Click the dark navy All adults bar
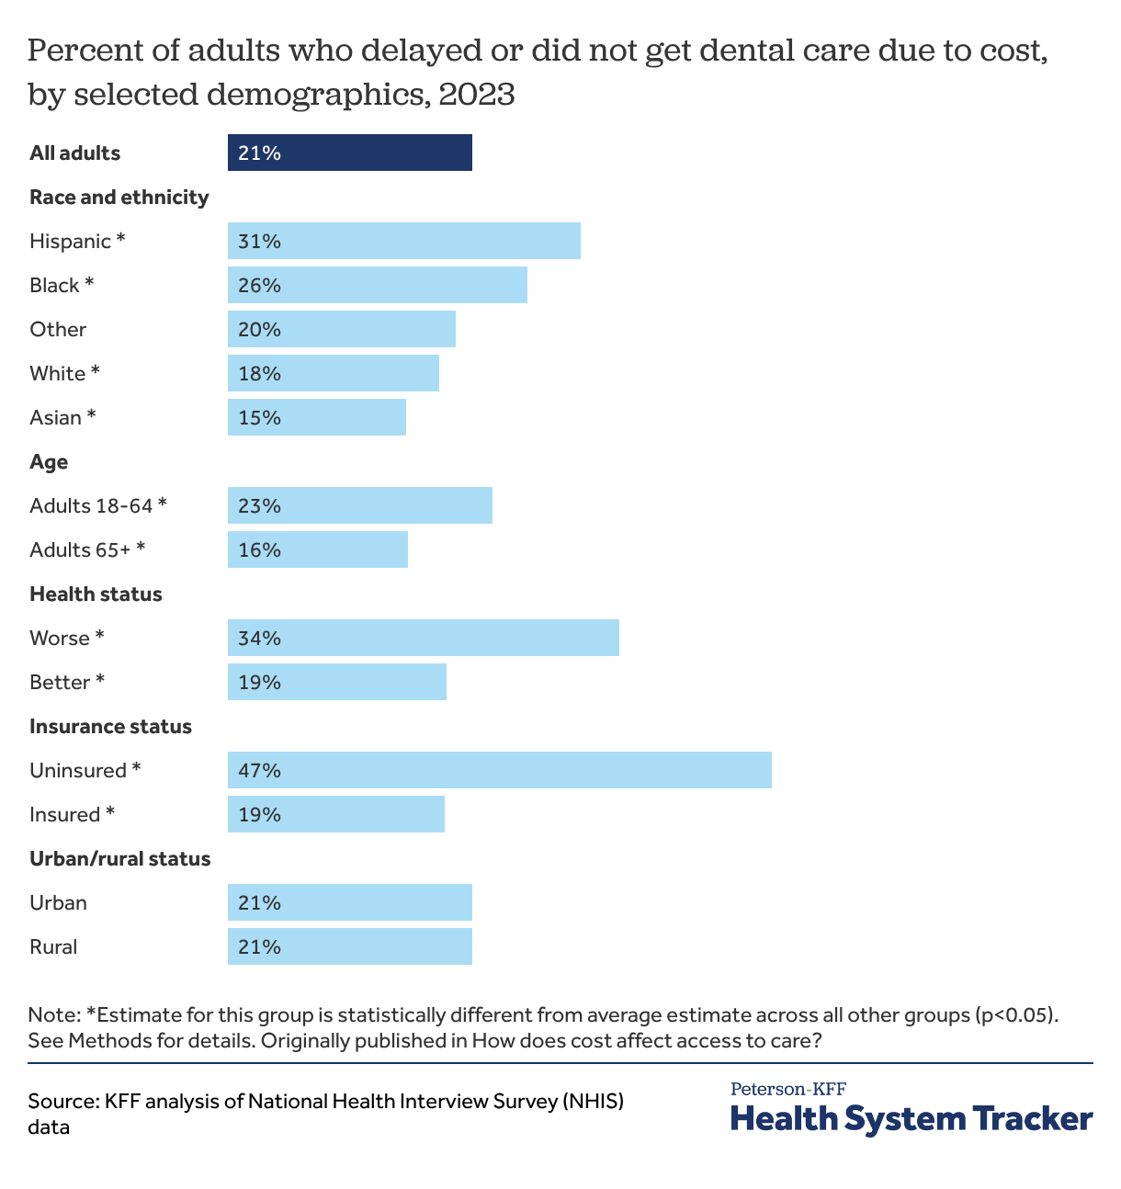pos(349,153)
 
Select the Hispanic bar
pos(404,241)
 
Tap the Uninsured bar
pos(500,770)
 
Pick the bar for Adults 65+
pos(318,549)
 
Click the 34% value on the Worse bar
pos(259,638)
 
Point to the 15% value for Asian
pos(259,417)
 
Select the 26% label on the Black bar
pos(259,285)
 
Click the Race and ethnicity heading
pos(119,197)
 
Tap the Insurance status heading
pos(110,726)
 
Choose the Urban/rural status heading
pos(120,858)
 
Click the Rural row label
pos(53,946)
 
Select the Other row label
pos(58,329)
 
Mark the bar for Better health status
pos(337,682)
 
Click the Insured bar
pos(336,814)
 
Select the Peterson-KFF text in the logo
pos(788,1090)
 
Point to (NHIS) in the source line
pos(594,1101)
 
